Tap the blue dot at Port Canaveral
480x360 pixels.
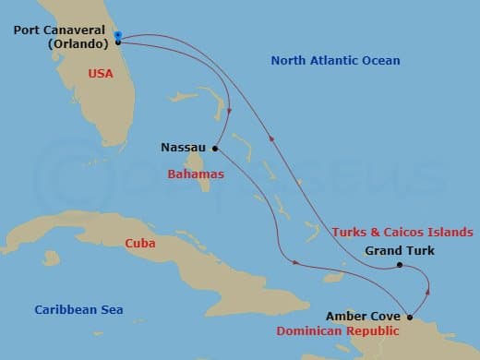[118, 36]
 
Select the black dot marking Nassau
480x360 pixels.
[214, 148]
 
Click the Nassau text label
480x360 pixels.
[182, 147]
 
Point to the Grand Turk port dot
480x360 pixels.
[399, 265]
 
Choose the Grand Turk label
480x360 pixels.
[399, 250]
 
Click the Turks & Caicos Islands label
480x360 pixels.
[403, 231]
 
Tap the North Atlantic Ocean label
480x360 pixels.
[335, 61]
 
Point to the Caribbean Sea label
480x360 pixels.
[78, 310]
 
